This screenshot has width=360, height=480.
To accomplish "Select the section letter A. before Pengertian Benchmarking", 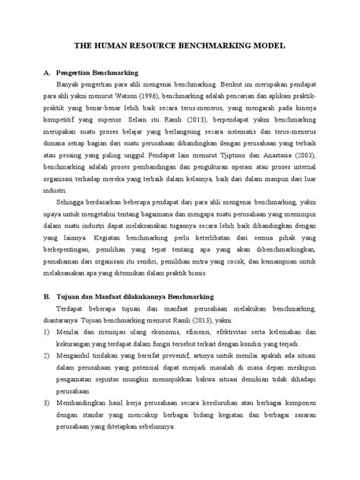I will [x=47, y=74].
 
